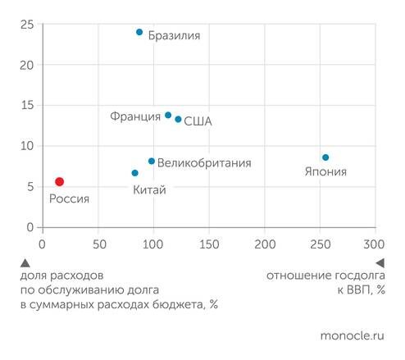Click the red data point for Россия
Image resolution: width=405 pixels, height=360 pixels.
click(59, 181)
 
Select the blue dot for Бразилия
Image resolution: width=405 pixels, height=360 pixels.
click(139, 32)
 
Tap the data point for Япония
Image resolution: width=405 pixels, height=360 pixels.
click(325, 157)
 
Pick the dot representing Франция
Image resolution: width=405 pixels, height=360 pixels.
click(168, 115)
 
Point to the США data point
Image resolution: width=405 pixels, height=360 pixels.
click(178, 119)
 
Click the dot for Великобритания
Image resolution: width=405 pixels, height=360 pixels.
click(152, 161)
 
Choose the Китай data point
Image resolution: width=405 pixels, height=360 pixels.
click(135, 173)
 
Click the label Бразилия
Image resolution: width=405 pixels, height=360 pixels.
click(174, 36)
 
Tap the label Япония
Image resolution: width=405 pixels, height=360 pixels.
click(325, 172)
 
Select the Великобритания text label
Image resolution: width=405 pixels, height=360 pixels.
click(203, 163)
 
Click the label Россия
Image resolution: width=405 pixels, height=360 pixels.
click(69, 198)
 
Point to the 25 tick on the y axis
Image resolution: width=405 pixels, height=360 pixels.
click(26, 25)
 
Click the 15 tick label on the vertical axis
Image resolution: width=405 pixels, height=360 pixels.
click(26, 105)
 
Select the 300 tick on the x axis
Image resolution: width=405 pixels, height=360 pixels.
click(375, 244)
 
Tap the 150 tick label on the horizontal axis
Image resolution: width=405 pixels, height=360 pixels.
click(208, 244)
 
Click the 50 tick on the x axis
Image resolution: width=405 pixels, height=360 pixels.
click(98, 244)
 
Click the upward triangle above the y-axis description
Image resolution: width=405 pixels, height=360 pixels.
click(25, 263)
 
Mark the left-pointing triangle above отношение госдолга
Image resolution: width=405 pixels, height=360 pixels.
click(380, 263)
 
